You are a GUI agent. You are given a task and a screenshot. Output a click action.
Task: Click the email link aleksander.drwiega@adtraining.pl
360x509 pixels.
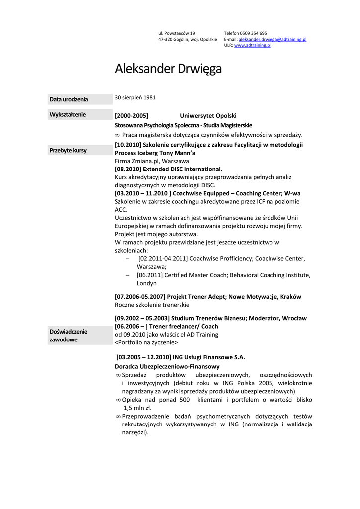point(272,39)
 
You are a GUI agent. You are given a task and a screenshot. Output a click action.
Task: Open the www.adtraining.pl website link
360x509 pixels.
point(252,45)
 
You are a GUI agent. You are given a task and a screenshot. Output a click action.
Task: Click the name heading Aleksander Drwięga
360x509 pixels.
point(168,69)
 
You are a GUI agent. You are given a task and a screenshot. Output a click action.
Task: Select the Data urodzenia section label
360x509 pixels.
point(68,99)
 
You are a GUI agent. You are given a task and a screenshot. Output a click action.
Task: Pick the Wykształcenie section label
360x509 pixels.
point(68,115)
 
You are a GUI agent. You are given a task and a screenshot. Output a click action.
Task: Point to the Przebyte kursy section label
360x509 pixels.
point(68,150)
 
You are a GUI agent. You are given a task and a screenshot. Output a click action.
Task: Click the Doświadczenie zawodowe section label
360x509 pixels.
point(68,335)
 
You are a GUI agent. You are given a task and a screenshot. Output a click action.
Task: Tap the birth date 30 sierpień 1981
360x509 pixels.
point(135,97)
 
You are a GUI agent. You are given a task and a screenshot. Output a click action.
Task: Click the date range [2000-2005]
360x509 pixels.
point(131,116)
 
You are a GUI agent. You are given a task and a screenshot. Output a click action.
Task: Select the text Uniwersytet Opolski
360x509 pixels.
point(208,116)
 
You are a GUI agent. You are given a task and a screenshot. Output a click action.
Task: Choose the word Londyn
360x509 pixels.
point(147,283)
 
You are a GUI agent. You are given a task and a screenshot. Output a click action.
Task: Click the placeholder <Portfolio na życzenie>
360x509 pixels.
point(146,342)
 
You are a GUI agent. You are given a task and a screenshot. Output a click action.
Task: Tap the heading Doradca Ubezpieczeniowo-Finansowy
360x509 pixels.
point(167,366)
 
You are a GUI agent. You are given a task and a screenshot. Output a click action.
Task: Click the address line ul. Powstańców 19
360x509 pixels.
point(177,33)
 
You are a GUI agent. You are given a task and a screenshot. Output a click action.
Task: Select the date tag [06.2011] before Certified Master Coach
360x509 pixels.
point(149,275)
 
